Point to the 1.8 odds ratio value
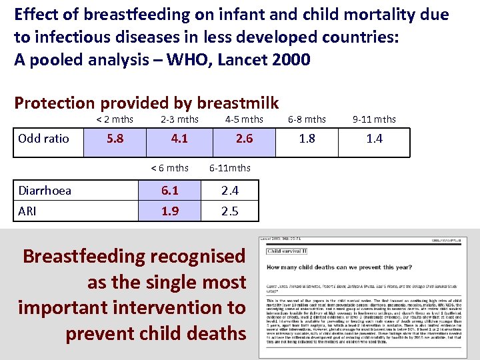pos(307,139)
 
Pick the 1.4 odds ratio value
pos(375,139)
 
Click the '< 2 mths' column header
pos(115,119)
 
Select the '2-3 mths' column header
pos(179,119)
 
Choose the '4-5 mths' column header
pos(244,119)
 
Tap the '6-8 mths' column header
pos(307,119)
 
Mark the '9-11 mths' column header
pos(374,119)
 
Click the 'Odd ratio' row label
pos(43,139)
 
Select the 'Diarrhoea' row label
pos(45,191)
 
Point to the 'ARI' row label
pos(28,211)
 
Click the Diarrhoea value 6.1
pos(170,191)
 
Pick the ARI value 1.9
pos(170,211)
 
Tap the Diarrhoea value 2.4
pos(230,191)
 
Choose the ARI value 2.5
pos(230,211)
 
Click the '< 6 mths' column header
pos(169,168)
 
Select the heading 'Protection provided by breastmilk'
pos(147,103)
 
